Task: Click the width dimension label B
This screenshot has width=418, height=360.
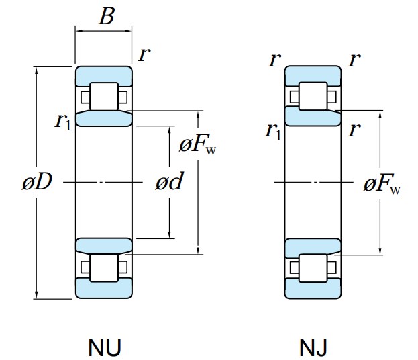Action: [106, 16]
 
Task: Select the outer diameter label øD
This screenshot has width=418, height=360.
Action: [36, 182]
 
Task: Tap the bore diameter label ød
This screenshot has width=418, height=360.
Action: [169, 182]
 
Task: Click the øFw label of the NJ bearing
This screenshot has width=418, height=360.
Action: [382, 185]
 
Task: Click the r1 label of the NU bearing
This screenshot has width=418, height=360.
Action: [63, 121]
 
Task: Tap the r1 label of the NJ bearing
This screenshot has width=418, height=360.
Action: [273, 130]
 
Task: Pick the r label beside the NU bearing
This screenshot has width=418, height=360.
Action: [143, 55]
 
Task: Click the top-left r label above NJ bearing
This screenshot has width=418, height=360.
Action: [273, 60]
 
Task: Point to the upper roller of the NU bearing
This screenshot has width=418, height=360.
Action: [104, 95]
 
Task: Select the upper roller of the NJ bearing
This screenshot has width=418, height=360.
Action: [314, 95]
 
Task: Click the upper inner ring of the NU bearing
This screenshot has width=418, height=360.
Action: [104, 119]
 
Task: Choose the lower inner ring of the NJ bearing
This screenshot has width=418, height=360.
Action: [314, 247]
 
